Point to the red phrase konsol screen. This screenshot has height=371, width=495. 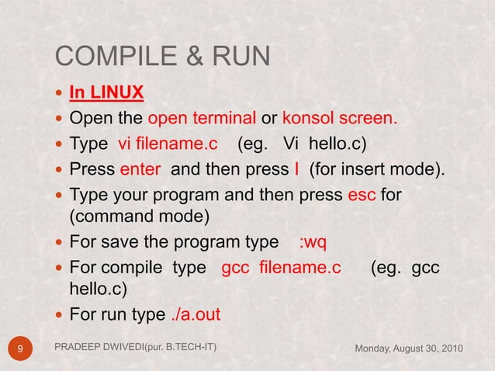tap(339, 119)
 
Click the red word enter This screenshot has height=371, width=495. tap(141, 168)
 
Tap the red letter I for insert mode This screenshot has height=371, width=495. tap(295, 168)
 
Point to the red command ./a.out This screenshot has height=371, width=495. tap(195, 315)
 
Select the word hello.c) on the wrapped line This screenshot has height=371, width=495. tap(101, 290)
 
